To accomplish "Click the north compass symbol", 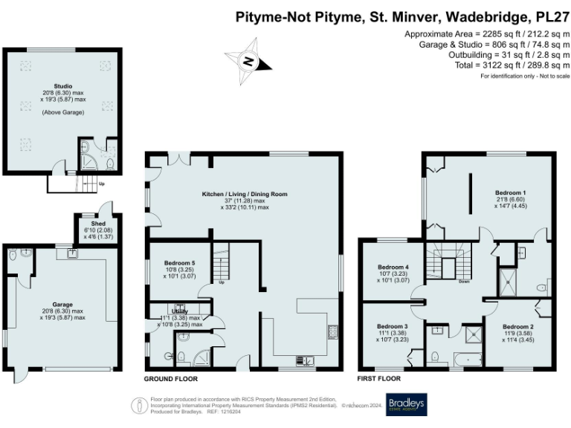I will pos(248,61).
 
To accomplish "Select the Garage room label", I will pos(62,305).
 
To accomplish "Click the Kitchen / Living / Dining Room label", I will pos(244,195).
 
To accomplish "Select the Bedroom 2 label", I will pos(517,327).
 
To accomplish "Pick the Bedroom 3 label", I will pos(393,327).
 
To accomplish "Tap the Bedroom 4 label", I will pos(393,267).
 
